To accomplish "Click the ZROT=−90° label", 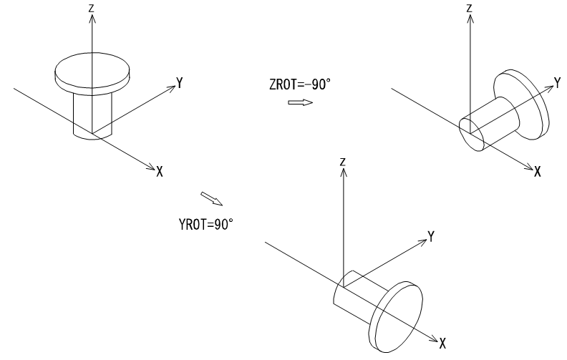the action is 300,84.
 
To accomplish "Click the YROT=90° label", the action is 205,225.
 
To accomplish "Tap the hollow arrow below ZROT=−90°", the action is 301,102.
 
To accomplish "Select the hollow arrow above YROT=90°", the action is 212,199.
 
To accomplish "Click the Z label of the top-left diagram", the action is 92,8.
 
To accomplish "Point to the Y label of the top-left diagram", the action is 180,83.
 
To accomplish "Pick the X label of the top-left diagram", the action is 160,171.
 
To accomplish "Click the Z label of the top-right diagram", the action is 470,8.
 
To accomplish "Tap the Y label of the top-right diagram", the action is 557,83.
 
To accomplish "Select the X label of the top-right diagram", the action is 538,171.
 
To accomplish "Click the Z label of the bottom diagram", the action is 343,162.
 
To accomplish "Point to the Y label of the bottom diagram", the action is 431,236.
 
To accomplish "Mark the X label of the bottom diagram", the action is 442,344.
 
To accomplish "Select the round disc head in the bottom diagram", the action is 396,317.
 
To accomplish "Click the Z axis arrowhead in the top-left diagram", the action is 92,19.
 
